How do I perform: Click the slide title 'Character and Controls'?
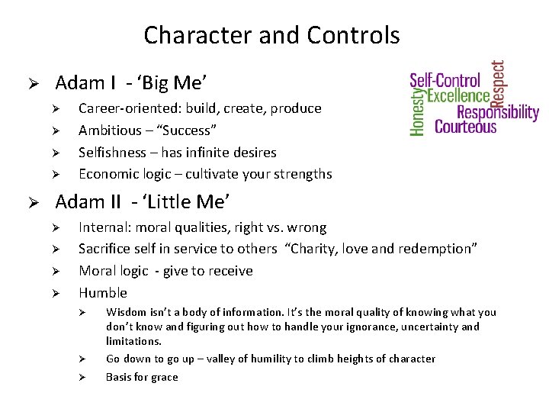click(x=271, y=35)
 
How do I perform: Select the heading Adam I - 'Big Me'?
click(x=131, y=82)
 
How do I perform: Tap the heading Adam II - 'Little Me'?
click(x=143, y=201)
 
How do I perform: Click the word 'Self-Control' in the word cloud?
click(x=445, y=80)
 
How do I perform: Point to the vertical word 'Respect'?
click(x=497, y=82)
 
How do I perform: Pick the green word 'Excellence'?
click(x=457, y=95)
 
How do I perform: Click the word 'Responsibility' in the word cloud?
click(x=497, y=112)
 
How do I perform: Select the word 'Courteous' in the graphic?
click(x=465, y=127)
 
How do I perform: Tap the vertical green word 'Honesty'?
click(x=417, y=111)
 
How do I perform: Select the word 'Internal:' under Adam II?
click(x=102, y=227)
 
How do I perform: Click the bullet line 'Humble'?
click(x=103, y=293)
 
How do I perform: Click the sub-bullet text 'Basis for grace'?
click(x=142, y=377)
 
